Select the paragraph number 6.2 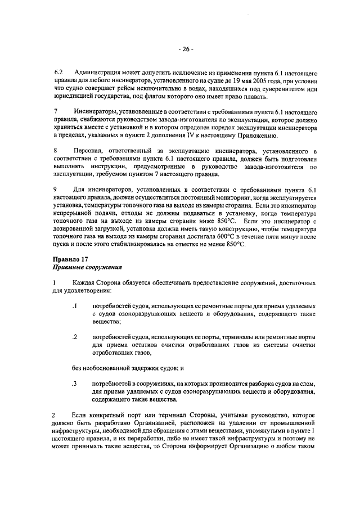click(x=58, y=74)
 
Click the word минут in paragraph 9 click(x=298, y=236)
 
